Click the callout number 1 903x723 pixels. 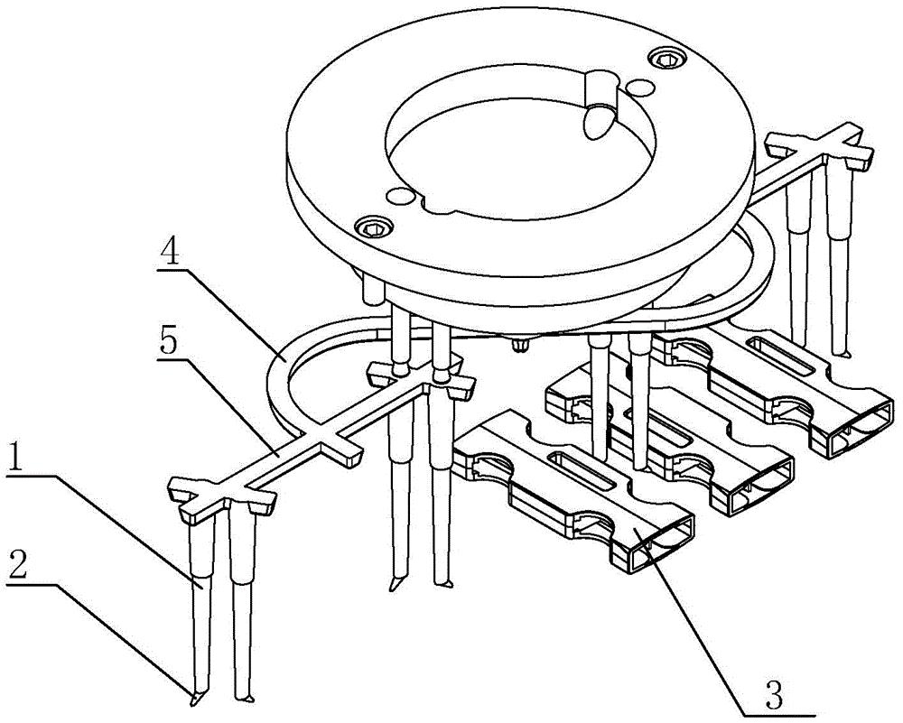click(18, 460)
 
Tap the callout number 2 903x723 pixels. click(17, 567)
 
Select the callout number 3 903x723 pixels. click(776, 697)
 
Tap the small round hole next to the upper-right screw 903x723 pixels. click(640, 88)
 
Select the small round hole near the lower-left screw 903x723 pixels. click(402, 196)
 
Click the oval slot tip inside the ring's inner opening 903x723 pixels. click(597, 121)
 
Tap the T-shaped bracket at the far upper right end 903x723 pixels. click(821, 147)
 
